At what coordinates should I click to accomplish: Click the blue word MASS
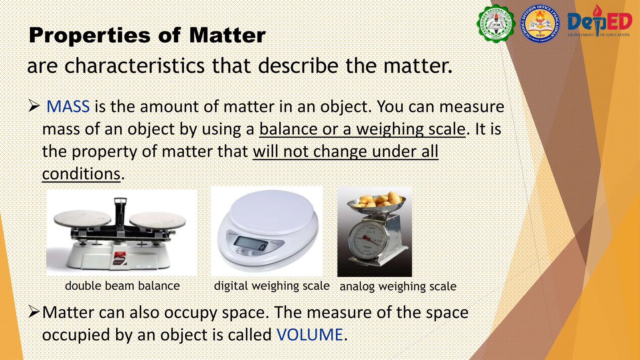pos(68,107)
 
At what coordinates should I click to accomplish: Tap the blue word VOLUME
pos(310,335)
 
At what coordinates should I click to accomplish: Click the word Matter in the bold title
pos(227,35)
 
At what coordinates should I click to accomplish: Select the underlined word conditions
pos(81,174)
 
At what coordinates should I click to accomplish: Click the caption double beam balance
pos(122,286)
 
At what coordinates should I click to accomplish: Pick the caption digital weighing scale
pos(272,286)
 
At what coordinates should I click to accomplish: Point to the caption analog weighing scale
pos(398,287)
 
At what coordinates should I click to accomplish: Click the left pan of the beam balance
pos(82,218)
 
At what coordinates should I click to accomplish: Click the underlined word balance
pos(288,129)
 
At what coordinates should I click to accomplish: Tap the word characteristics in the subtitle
pos(134,66)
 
